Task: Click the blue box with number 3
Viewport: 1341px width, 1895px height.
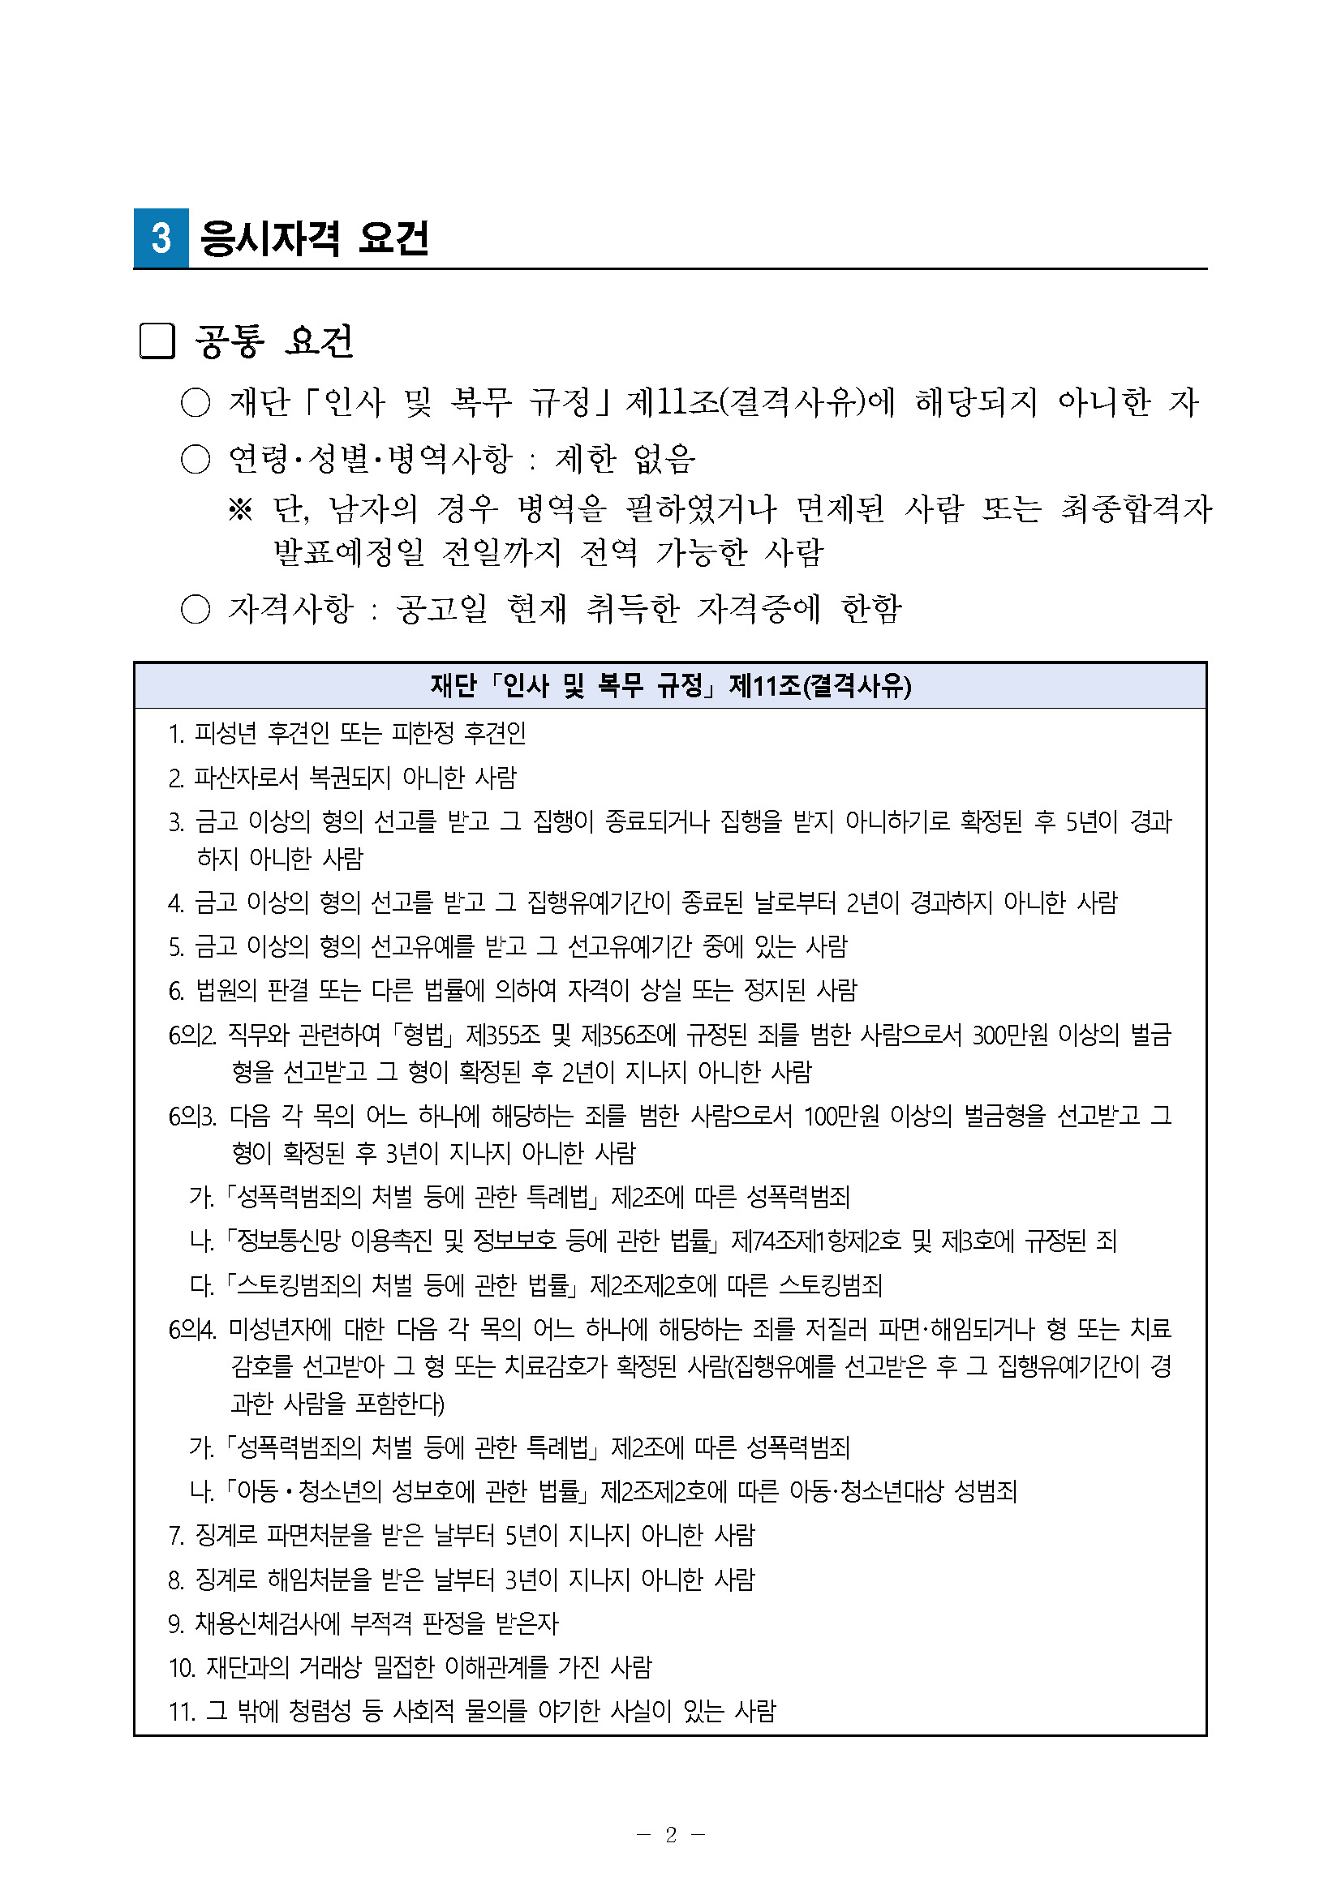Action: pos(161,238)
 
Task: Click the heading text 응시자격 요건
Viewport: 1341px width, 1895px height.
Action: pos(315,239)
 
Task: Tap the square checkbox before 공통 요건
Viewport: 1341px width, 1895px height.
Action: pos(157,341)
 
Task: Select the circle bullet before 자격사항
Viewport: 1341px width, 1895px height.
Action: pos(196,610)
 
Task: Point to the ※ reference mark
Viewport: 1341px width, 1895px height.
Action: pos(239,510)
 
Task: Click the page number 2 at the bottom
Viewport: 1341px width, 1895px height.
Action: pos(670,1835)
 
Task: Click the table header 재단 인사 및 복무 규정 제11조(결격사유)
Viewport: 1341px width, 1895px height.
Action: pos(670,686)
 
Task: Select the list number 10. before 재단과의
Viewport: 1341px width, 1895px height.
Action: pos(181,1668)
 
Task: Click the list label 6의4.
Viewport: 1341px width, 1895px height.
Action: pos(191,1330)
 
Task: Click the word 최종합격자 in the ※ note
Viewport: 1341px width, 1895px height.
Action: pos(1137,508)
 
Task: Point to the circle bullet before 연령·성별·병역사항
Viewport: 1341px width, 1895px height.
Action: pos(196,460)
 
